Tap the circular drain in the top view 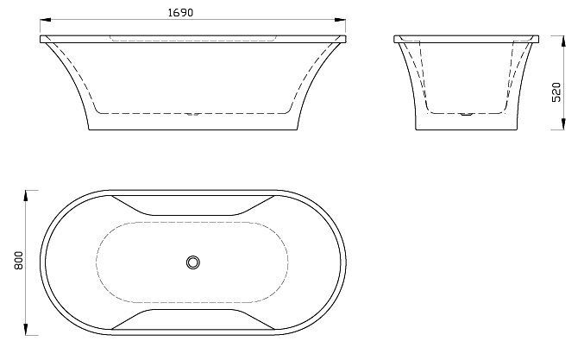tap(193, 261)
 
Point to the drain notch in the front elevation tap(194, 112)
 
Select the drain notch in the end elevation tap(467, 112)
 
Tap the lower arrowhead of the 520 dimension tap(566, 128)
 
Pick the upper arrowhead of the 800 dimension tap(27, 192)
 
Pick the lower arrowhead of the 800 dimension tap(27, 331)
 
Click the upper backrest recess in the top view tap(193, 205)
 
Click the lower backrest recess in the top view tap(193, 317)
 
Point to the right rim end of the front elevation tap(346, 38)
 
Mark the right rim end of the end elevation tap(538, 38)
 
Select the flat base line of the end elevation tap(467, 130)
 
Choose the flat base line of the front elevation tap(193, 130)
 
